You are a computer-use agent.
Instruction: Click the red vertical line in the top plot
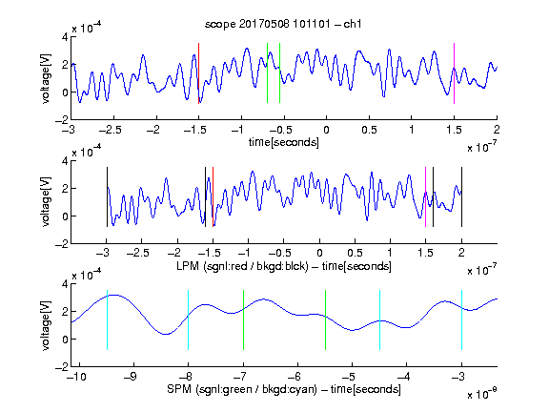198,73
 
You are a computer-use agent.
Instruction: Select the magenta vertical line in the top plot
454,73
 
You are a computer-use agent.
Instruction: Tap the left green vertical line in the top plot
267,72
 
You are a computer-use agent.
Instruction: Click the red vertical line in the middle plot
213,196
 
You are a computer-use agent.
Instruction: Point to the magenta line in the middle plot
425,196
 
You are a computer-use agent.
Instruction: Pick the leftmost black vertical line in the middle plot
107,196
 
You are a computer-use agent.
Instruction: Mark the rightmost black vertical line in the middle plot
461,196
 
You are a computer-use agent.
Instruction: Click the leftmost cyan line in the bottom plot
107,319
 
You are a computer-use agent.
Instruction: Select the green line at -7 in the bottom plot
243,319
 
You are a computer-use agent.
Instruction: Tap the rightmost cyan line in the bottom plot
461,319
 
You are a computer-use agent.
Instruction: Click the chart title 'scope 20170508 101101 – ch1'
283,24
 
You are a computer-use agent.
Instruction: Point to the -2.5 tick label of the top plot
110,130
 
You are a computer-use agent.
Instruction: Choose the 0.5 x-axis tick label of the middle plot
355,253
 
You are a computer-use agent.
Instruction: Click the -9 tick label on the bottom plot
131,377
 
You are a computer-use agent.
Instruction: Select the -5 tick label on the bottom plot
349,377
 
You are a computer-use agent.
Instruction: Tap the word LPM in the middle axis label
188,266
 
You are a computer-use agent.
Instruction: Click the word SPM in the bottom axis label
179,389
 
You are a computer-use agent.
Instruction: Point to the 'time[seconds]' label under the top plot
284,142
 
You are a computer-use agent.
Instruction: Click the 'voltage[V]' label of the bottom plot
46,325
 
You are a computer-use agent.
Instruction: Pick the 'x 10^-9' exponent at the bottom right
482,394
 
